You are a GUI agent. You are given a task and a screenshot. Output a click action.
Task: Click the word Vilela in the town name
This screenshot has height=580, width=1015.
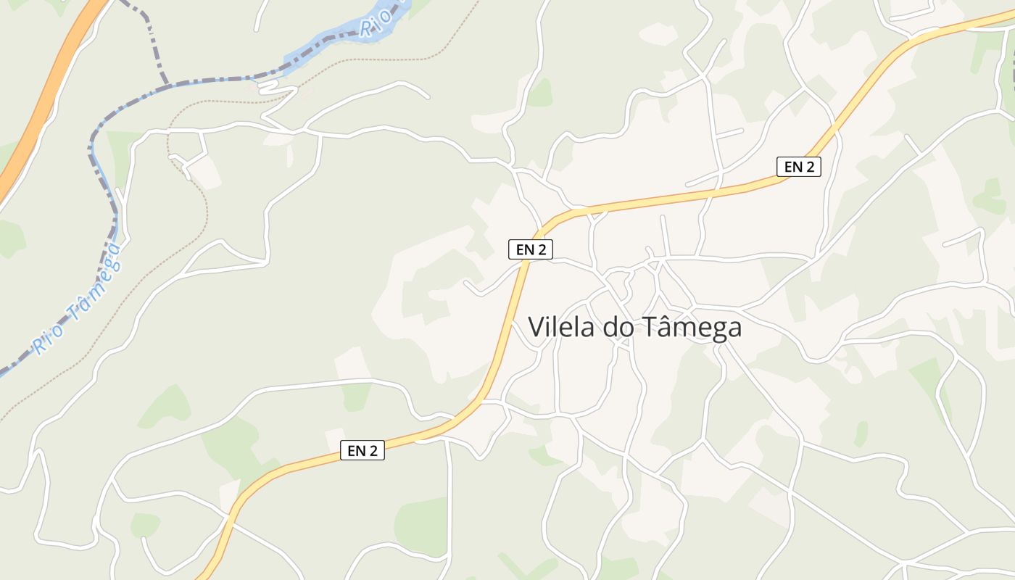(x=561, y=327)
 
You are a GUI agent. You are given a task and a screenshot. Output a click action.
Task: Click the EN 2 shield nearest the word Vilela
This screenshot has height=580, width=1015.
(x=531, y=249)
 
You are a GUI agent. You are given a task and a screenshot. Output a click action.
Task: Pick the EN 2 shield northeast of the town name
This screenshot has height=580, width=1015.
(x=798, y=166)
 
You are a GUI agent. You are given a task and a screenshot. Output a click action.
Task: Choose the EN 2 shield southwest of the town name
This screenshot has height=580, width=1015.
(x=362, y=450)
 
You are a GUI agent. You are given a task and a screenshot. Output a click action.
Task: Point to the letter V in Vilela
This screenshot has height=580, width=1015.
(x=536, y=327)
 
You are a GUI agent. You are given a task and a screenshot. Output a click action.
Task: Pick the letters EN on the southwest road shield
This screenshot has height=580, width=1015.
(x=356, y=450)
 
